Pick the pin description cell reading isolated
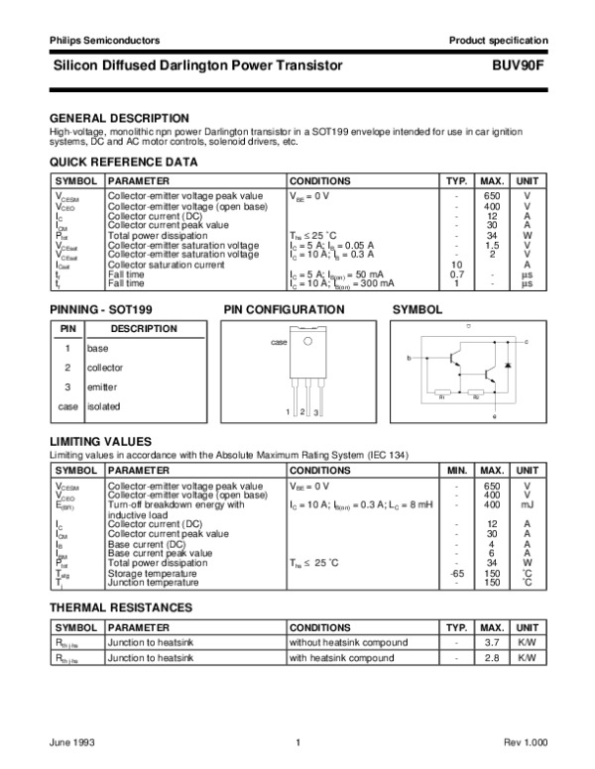tap(103, 406)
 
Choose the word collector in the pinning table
tap(106, 368)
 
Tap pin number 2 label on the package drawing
tap(300, 411)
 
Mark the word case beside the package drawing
tap(279, 341)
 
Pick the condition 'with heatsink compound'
tap(341, 658)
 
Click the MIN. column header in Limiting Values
tap(457, 470)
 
